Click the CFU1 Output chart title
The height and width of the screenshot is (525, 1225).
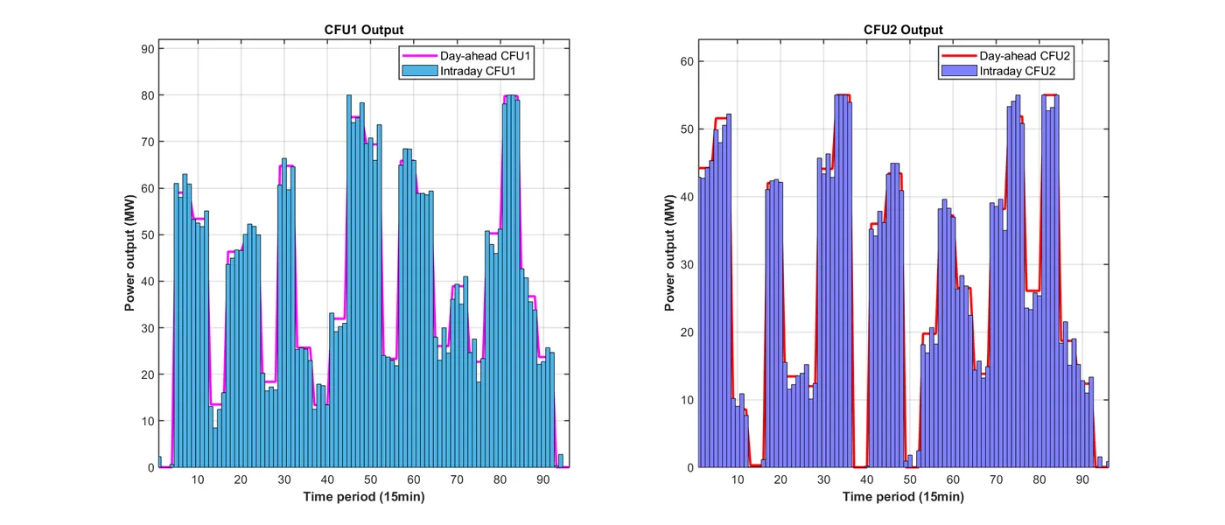pos(364,30)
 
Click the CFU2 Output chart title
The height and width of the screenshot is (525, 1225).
pos(904,30)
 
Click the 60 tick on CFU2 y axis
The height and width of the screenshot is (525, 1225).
pos(689,61)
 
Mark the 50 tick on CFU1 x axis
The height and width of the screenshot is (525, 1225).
pos(370,479)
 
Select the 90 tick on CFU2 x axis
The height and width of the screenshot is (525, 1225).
pos(1082,479)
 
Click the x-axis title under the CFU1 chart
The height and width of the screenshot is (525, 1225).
pos(364,497)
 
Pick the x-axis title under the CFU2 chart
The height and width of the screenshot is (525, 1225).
pos(904,497)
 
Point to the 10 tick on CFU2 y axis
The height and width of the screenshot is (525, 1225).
pos(689,400)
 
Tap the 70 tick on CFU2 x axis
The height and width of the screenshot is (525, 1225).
pos(996,479)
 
